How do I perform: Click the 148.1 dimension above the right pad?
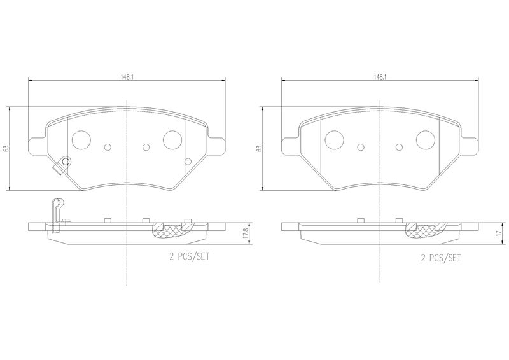click(x=379, y=77)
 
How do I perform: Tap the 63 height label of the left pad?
click(x=5, y=149)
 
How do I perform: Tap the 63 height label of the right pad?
click(x=259, y=149)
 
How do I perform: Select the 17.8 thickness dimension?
click(x=246, y=233)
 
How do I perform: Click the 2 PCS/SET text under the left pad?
click(x=189, y=257)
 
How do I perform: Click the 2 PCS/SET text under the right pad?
click(x=440, y=258)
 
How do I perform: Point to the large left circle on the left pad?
click(x=81, y=140)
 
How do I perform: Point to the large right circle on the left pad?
click(x=172, y=140)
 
